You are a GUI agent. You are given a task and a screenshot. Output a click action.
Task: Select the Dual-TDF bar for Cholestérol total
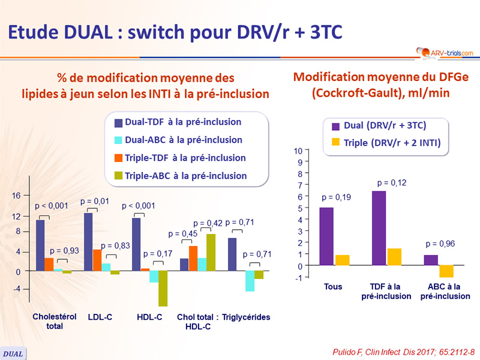[x=40, y=246]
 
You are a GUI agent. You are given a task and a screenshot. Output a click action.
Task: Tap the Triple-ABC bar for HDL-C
[x=163, y=289]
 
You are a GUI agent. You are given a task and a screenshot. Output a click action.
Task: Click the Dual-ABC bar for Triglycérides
[x=250, y=281]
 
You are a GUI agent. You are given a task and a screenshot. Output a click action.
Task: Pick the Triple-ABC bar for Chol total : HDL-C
[x=211, y=253]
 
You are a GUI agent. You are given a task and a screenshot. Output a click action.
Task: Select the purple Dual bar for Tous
[x=326, y=236]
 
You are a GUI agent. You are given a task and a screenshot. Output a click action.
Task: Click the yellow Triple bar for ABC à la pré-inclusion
[x=446, y=271]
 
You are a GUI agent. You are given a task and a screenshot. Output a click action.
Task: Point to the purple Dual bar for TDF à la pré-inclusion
[x=379, y=228]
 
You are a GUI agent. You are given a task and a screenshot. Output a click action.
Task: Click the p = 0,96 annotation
[x=439, y=244]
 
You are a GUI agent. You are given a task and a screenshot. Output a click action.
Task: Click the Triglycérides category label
[x=247, y=317]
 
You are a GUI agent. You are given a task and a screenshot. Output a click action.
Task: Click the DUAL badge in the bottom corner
[x=13, y=353]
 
